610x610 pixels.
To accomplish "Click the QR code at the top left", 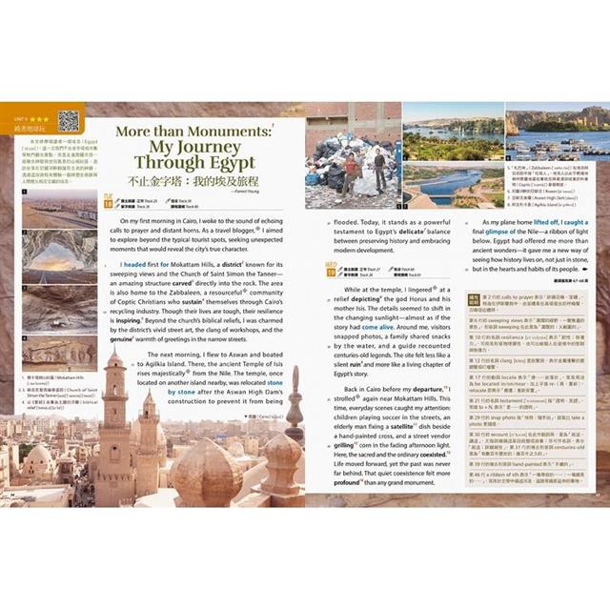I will click(x=68, y=121).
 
